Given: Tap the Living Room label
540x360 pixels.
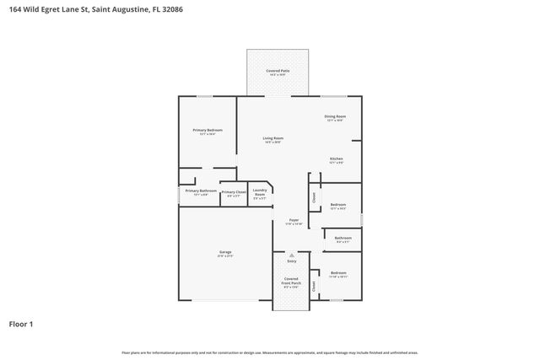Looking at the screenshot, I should tap(273, 140).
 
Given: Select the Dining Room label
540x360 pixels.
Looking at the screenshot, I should tap(335, 118).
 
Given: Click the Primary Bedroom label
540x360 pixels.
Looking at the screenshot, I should tap(208, 132).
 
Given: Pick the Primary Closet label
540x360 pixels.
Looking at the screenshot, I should tap(234, 193).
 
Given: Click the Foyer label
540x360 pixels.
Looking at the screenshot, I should tap(294, 222).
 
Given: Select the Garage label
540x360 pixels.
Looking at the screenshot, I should tap(225, 253).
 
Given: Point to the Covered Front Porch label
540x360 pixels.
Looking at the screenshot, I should tap(291, 282).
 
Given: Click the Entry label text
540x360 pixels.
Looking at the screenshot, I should tap(292, 261).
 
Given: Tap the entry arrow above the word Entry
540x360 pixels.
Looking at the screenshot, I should tap(292, 255).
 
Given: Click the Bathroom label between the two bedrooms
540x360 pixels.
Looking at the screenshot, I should tap(343, 239).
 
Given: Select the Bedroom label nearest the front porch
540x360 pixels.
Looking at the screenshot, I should tap(338, 274).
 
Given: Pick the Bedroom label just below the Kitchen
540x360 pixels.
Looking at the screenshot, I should tap(337, 206).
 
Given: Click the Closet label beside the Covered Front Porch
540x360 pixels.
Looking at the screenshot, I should tap(314, 285).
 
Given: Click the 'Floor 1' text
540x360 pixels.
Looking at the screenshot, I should tap(21, 323).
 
